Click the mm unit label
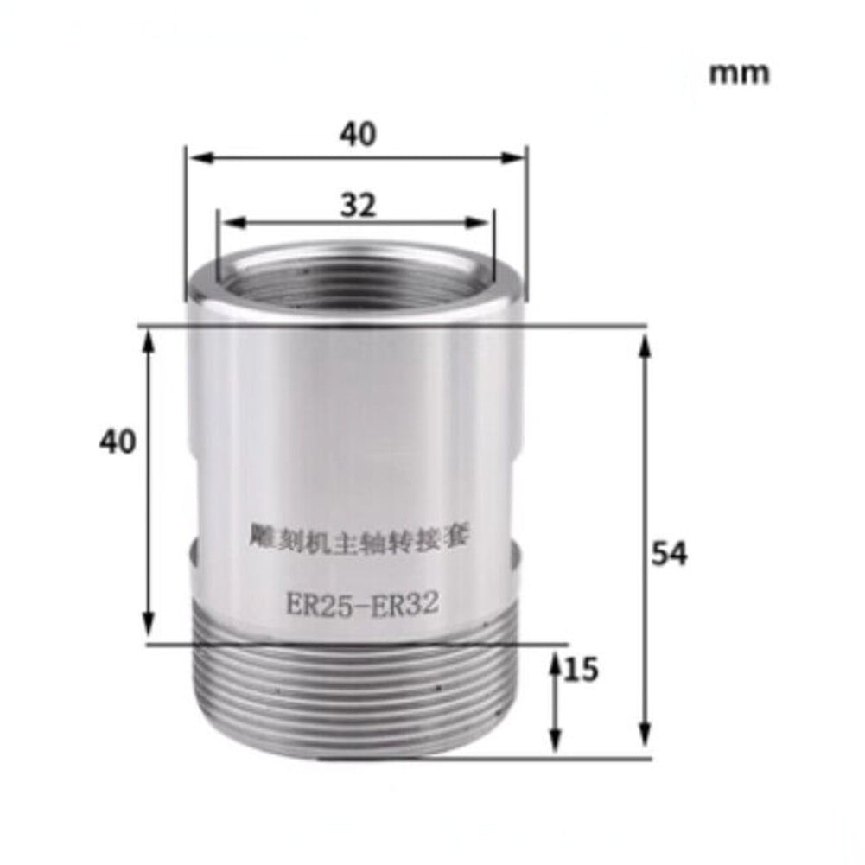(x=739, y=73)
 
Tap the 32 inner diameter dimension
(x=358, y=205)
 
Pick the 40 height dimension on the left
(x=118, y=442)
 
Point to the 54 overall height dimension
(x=669, y=554)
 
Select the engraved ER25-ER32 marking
(x=363, y=603)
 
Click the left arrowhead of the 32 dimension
(x=226, y=222)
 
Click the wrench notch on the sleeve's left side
(x=192, y=550)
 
